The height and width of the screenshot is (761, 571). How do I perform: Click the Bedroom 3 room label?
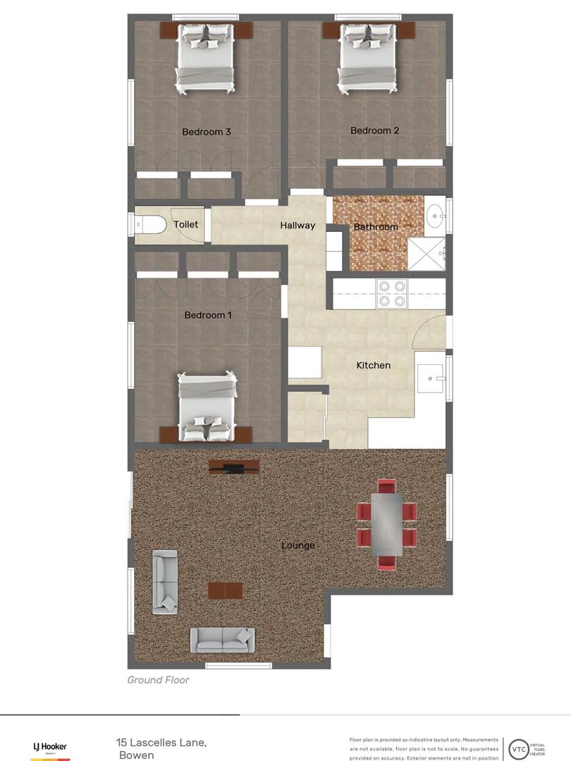pos(207,132)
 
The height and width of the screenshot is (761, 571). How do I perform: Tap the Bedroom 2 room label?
pos(375,130)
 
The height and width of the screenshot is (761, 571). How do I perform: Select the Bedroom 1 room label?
pos(208,315)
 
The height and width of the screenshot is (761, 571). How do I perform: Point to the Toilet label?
pos(186,224)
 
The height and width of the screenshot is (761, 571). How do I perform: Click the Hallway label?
pos(297,225)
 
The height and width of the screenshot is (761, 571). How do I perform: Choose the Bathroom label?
pos(376,227)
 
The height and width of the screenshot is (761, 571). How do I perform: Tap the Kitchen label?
pos(373,365)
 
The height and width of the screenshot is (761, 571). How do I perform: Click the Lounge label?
pos(298,545)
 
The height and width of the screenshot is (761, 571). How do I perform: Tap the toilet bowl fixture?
pos(150,225)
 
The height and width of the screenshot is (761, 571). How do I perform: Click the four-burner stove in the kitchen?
pos(393,293)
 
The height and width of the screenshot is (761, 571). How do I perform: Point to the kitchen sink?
pos(430,378)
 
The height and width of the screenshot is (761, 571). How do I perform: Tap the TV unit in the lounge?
pos(234,466)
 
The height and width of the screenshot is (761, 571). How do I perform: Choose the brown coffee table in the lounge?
pos(225,590)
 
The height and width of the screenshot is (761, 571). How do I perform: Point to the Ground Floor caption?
pos(158,680)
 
